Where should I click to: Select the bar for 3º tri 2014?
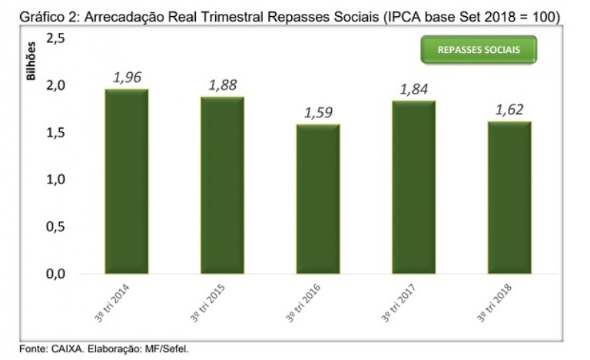[127, 182]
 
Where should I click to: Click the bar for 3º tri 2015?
[223, 186]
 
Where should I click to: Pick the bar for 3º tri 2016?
[318, 199]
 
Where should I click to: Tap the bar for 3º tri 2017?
[413, 187]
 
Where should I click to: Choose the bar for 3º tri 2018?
[509, 197]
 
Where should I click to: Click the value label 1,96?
[128, 77]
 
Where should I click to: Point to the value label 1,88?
[223, 84]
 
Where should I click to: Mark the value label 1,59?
[318, 112]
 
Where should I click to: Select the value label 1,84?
[414, 89]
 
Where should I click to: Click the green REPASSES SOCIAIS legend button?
[478, 50]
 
